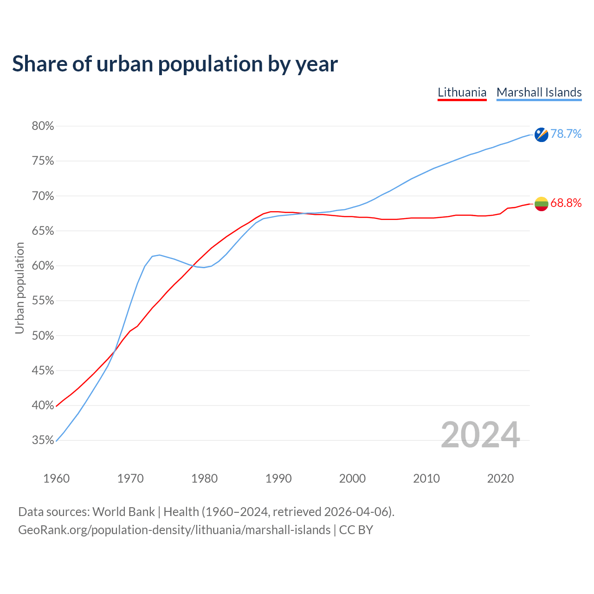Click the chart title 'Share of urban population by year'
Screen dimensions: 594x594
pos(175,64)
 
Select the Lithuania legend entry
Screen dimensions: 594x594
pos(462,92)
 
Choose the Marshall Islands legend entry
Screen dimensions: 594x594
pos(539,92)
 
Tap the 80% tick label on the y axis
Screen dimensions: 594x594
pos(43,126)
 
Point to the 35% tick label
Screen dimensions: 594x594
pos(43,440)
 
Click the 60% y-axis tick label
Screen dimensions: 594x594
pos(43,266)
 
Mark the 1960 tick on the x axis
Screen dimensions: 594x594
pos(56,478)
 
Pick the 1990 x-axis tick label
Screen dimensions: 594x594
pos(278,478)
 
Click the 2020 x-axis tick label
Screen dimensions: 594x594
pos(500,478)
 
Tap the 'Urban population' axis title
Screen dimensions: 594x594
pos(19,288)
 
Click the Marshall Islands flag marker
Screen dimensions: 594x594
pos(541,135)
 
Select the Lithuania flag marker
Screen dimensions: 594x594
pos(541,203)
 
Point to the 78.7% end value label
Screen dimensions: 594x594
pos(566,134)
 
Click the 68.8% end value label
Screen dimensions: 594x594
pos(566,203)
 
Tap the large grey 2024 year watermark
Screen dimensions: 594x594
pos(480,435)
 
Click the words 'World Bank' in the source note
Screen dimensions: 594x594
pos(123,512)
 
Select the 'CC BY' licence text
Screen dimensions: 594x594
pos(356,530)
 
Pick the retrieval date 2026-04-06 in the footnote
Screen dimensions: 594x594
pos(355,512)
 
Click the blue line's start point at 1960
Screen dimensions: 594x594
pos(56,441)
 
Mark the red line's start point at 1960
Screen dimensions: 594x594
pos(56,407)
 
